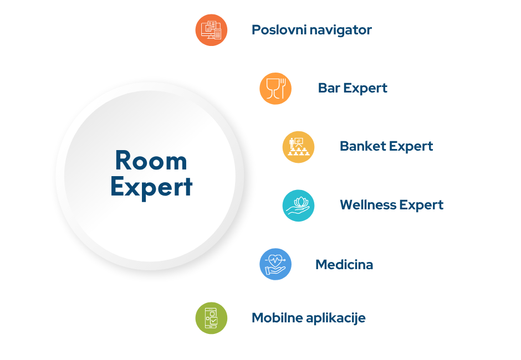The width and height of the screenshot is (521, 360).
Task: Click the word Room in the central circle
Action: click(151, 161)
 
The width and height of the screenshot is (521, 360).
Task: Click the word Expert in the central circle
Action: click(151, 187)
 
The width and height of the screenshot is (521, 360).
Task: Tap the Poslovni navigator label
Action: click(311, 30)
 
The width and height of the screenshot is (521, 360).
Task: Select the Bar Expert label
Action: click(353, 88)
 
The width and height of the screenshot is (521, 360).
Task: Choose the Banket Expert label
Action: click(386, 147)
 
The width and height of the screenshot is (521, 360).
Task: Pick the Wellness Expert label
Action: click(391, 205)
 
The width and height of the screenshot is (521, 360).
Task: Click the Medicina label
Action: click(344, 265)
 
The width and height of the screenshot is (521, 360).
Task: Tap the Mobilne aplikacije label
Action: click(308, 318)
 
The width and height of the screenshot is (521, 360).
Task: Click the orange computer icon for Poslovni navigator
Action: click(211, 30)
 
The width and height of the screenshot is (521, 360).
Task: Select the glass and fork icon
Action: click(275, 89)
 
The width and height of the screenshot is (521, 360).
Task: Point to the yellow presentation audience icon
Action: click(298, 147)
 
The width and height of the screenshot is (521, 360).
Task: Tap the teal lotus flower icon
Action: click(298, 205)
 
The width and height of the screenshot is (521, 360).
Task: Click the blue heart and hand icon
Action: click(275, 264)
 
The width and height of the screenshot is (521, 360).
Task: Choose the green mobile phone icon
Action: click(211, 318)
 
